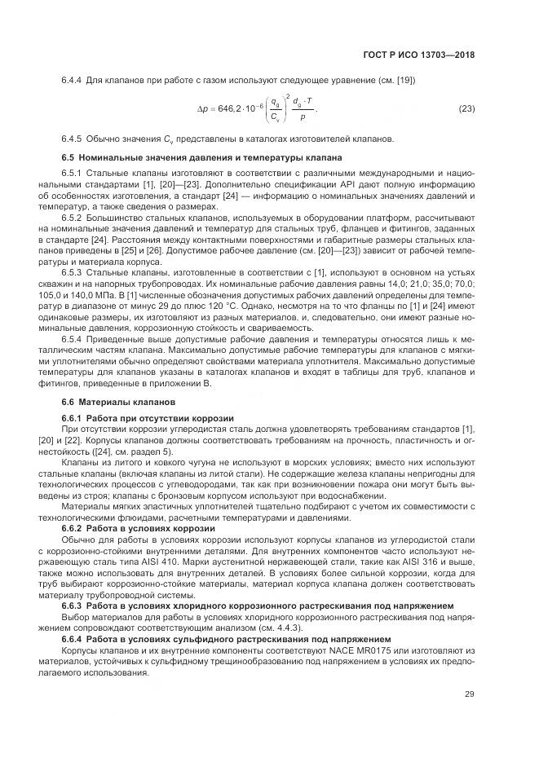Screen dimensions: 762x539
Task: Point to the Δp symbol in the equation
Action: pos(204,108)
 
